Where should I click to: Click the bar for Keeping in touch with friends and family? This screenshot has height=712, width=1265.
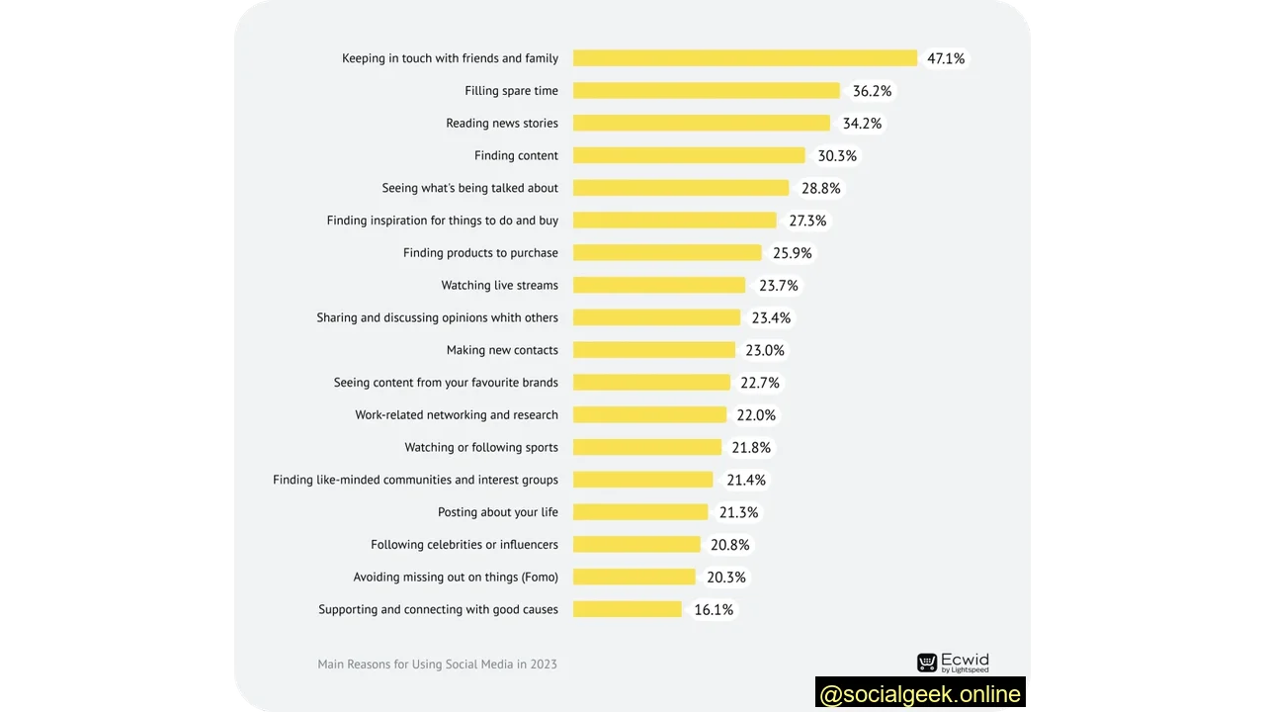745,58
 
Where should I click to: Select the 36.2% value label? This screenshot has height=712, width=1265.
872,91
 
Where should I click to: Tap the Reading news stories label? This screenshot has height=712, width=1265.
502,124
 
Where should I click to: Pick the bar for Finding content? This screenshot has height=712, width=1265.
689,155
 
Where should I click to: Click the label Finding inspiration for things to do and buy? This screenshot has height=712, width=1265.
443,221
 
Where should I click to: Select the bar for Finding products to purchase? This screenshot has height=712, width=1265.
667,253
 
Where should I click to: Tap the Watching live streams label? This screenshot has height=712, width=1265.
499,286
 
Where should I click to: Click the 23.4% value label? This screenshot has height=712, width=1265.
771,318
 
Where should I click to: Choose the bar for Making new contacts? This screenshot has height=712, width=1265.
654,350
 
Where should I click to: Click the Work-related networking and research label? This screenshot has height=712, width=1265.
457,415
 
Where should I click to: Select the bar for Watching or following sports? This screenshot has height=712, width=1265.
647,447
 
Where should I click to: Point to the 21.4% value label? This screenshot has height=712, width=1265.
746,480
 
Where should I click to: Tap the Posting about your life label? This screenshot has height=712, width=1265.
498,512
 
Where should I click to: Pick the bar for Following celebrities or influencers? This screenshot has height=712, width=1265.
636,544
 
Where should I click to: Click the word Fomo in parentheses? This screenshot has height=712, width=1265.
541,578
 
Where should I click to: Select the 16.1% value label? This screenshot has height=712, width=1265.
714,610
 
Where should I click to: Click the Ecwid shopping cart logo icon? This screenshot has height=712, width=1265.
927,663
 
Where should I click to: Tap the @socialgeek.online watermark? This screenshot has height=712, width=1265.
920,694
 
